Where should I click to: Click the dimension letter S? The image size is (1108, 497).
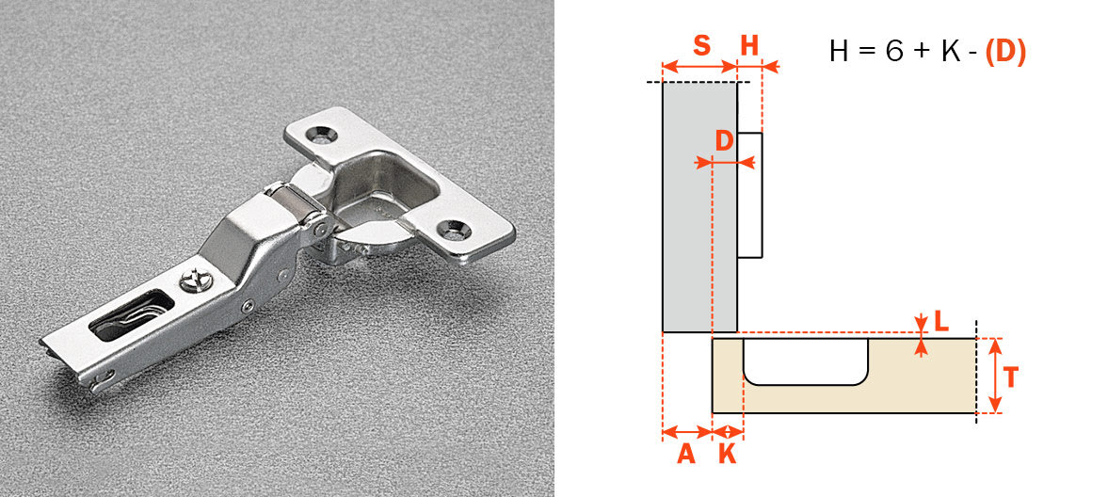(701, 46)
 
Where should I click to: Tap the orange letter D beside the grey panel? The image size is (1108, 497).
(724, 141)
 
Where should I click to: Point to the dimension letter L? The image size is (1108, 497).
(940, 322)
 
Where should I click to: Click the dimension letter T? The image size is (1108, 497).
(1010, 377)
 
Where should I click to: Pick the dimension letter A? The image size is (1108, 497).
(686, 455)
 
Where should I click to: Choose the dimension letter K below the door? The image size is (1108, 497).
(728, 455)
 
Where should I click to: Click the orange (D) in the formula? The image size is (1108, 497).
(1005, 52)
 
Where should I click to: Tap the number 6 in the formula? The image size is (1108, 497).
(892, 52)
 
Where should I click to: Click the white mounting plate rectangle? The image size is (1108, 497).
(749, 195)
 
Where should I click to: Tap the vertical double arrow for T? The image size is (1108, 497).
(995, 376)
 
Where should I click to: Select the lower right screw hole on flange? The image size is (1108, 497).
(458, 227)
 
